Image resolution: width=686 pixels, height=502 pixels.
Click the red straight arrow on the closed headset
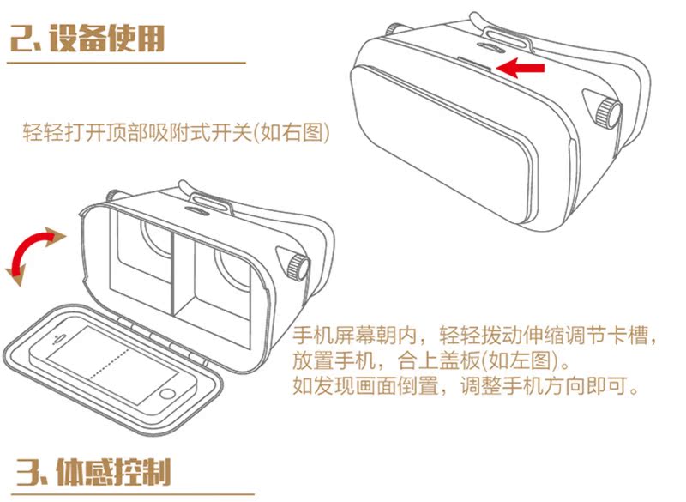pyautogui.click(x=521, y=68)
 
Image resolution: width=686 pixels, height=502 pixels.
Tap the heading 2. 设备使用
pyautogui.click(x=87, y=39)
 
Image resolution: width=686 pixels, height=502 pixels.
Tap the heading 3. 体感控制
pyautogui.click(x=93, y=472)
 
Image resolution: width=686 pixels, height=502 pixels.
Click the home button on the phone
pyautogui.click(x=167, y=394)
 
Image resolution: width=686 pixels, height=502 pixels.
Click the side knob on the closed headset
pyautogui.click(x=608, y=112)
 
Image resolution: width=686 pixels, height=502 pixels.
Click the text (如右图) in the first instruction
pyautogui.click(x=292, y=132)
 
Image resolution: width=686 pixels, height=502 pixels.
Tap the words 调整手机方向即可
pyautogui.click(x=544, y=386)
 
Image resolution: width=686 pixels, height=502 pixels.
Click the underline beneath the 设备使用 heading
pyautogui.click(x=126, y=63)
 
